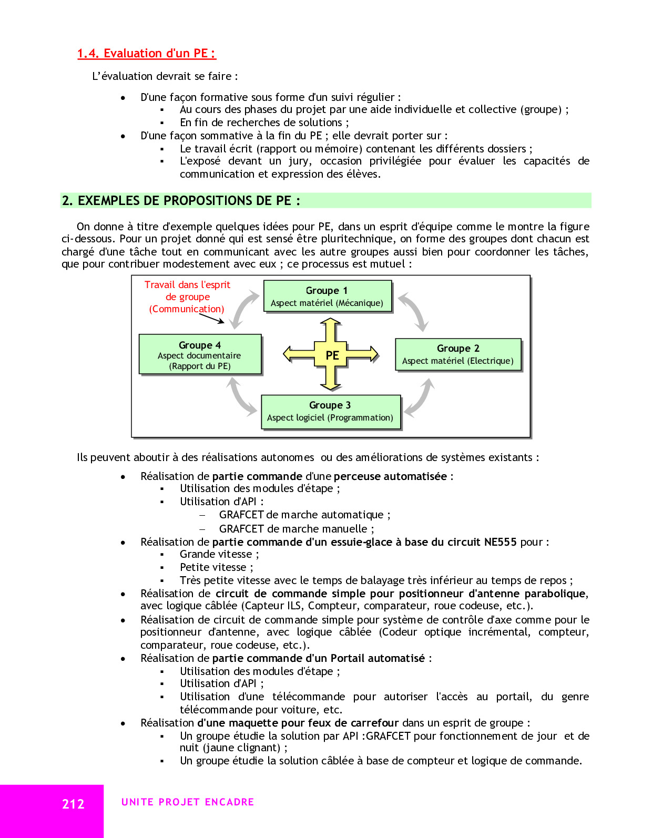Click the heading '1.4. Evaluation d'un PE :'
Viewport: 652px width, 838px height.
146,53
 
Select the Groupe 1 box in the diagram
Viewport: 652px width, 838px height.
327,297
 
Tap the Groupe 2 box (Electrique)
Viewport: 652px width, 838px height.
457,354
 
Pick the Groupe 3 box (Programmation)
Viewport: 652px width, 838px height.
330,412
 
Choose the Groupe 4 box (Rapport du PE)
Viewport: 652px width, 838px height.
200,355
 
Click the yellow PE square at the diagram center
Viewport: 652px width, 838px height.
332,355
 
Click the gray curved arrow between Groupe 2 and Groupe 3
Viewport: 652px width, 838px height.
420,397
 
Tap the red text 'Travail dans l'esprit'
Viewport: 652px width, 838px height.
187,285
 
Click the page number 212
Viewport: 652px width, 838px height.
73,804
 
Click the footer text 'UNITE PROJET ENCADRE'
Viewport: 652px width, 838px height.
188,802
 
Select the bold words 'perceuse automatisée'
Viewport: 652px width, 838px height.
390,476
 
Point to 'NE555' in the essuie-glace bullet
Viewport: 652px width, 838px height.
500,542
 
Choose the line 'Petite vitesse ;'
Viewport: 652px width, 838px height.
216,567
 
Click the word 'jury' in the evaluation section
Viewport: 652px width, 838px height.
298,161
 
